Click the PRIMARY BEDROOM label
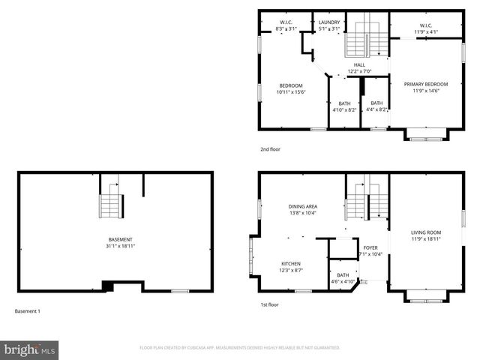click(x=425, y=84)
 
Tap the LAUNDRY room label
click(x=329, y=22)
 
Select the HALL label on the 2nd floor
click(x=359, y=65)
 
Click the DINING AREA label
click(x=303, y=205)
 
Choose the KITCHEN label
click(x=291, y=263)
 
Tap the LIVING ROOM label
click(x=425, y=232)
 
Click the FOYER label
click(x=371, y=247)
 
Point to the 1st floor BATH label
click(x=343, y=275)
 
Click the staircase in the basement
click(x=110, y=199)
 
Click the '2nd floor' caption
click(x=270, y=149)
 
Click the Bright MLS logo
click(x=30, y=349)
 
